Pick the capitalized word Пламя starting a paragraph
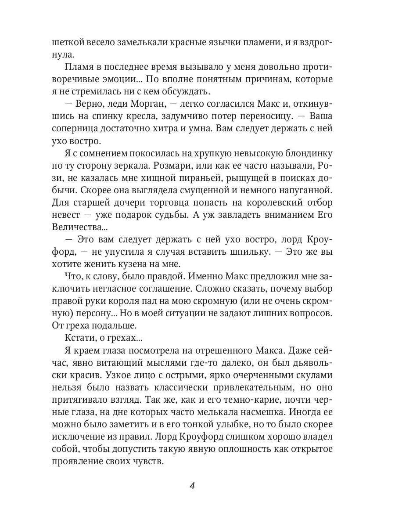coord(79,67)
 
